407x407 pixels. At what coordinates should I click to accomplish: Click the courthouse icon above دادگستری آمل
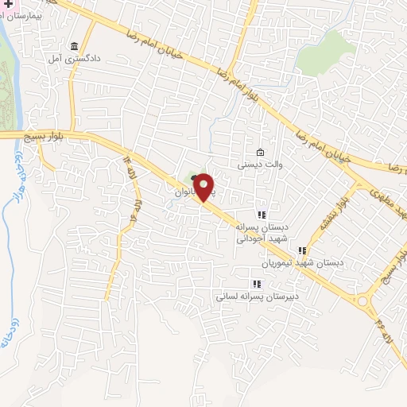coord(76,45)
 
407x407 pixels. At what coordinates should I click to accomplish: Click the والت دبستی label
coord(260,165)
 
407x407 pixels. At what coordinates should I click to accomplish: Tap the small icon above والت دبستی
coord(260,153)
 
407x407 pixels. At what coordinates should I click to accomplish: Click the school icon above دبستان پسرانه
coord(261,214)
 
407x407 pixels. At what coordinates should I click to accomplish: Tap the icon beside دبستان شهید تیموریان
coord(302,250)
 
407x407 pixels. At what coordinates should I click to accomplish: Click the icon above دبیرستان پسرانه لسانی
coord(256,284)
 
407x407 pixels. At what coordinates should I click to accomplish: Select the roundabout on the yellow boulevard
coord(366,301)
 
